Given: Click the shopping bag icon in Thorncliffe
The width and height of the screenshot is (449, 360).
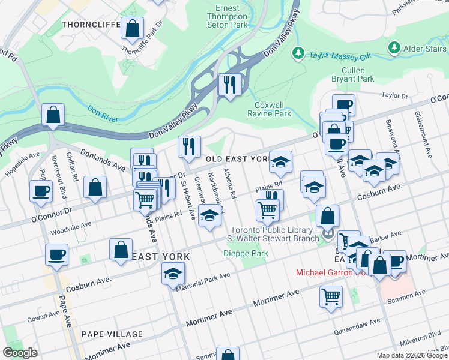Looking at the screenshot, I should coord(132,28).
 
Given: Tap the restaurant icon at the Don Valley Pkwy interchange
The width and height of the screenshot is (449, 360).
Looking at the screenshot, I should coord(229,85).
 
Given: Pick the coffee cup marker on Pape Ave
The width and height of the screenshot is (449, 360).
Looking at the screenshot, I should coord(56,254).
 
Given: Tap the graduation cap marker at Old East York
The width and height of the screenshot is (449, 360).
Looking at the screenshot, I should coord(280,161).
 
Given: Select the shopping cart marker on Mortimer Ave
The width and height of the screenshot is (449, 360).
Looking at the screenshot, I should coord(331,296).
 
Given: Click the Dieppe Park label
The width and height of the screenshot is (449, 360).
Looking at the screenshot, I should coord(247,253).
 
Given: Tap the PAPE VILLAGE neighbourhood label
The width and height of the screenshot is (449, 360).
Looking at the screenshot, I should coord(112,334).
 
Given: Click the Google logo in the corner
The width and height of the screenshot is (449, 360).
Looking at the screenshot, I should coord(20,353).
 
